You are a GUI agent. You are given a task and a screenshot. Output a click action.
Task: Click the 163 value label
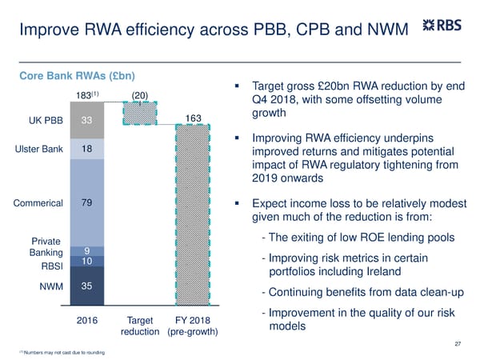(193, 119)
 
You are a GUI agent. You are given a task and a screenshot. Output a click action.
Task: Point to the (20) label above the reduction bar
(139, 95)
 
